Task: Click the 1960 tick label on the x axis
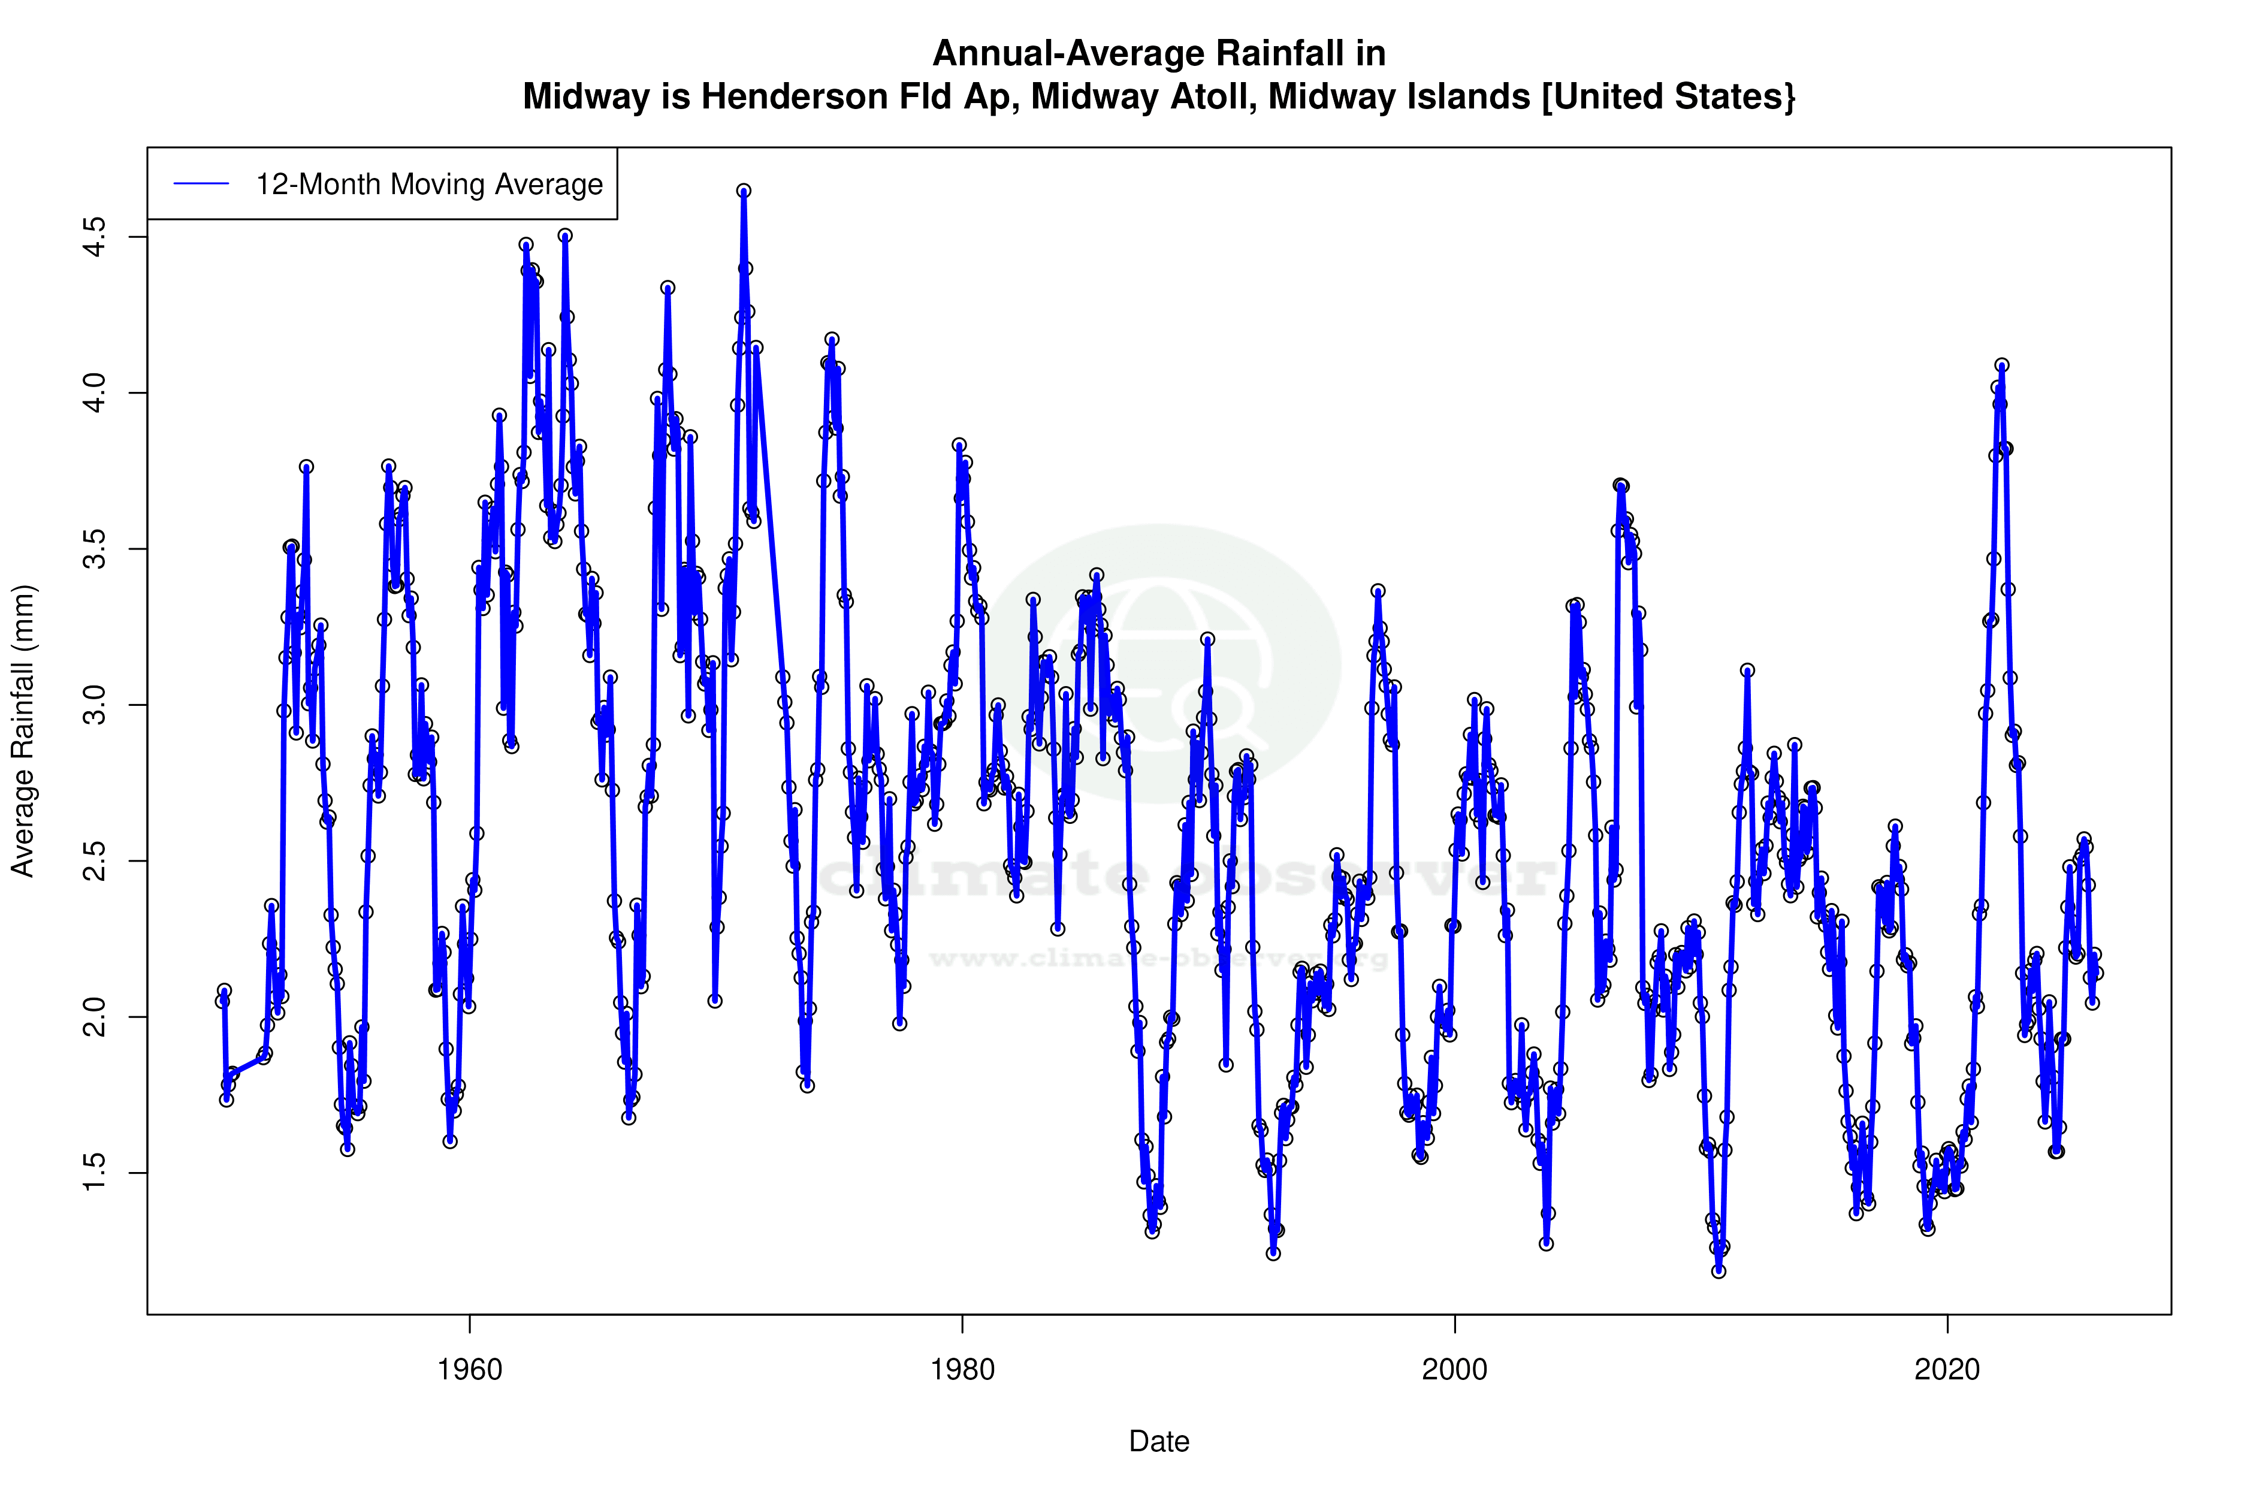[469, 1370]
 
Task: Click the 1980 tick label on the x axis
[962, 1370]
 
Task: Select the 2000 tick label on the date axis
[1454, 1370]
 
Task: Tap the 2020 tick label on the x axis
[1947, 1370]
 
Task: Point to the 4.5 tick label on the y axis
[95, 237]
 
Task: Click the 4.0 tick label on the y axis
[95, 392]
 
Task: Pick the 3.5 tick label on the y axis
[95, 549]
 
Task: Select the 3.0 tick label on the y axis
[95, 705]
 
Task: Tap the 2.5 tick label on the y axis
[95, 861]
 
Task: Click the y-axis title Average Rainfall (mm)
[23, 731]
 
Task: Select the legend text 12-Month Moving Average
[429, 185]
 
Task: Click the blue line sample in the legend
[201, 185]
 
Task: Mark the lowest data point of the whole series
[1719, 1271]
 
